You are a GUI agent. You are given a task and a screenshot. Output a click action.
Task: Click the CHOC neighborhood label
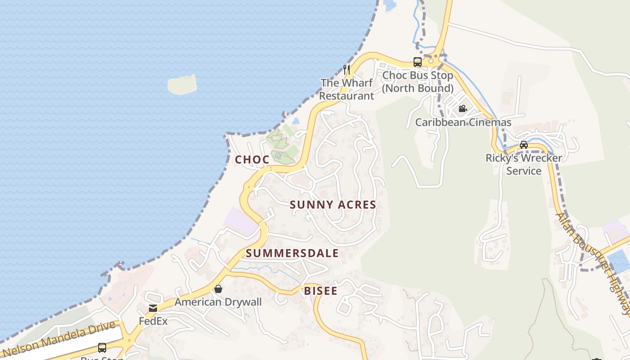252,159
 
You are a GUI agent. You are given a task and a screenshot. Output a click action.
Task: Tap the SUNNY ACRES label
333,205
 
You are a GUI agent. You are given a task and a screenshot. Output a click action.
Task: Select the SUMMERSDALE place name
292,253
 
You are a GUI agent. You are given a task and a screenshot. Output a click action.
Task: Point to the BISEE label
320,291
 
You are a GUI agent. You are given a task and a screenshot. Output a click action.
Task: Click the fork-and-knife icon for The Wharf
346,69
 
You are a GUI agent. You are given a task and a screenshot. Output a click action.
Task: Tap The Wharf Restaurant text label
346,89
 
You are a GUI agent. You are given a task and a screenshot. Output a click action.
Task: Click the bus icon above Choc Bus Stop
418,62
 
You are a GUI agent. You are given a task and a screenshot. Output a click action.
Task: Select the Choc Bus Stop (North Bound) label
418,81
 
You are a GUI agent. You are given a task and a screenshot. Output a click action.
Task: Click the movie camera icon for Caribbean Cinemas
463,108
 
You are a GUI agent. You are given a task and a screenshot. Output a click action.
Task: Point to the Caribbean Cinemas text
463,122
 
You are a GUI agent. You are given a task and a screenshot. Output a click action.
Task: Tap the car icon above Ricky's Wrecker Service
524,145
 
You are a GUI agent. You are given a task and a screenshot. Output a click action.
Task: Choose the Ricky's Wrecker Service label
524,164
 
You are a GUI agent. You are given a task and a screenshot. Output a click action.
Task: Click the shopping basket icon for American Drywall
218,289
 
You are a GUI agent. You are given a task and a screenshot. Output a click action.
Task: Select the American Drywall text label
218,302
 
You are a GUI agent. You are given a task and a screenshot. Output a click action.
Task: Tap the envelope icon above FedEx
153,308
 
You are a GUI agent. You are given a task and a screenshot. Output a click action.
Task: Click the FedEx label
153,321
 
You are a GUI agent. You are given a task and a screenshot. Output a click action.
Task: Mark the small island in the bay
182,85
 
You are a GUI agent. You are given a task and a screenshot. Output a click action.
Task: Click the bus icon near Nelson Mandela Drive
102,347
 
